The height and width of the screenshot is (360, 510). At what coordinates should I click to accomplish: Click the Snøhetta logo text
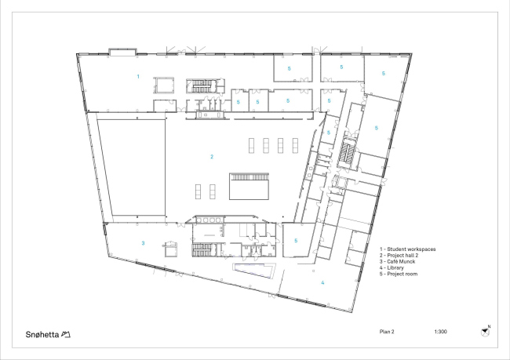point(42,334)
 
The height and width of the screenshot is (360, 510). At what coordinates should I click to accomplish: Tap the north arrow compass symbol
point(485,332)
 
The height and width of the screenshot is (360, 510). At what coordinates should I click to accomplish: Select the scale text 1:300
point(440,332)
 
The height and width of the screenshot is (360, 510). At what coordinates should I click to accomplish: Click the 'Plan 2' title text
point(387,332)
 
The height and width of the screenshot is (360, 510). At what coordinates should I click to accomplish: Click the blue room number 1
point(138,76)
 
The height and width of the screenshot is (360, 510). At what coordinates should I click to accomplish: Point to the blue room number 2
point(212,157)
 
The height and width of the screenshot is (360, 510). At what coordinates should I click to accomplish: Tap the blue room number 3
point(143,243)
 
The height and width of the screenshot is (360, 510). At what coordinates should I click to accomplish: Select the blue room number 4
point(322,282)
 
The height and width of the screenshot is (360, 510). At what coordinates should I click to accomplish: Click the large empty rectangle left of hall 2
point(131,168)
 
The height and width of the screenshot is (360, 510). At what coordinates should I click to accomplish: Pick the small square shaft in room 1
point(164,85)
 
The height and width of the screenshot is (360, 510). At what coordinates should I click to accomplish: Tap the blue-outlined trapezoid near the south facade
point(254,271)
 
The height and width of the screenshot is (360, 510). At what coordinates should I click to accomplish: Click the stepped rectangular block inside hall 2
point(250,187)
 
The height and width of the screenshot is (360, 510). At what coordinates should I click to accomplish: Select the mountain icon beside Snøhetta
point(66,334)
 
